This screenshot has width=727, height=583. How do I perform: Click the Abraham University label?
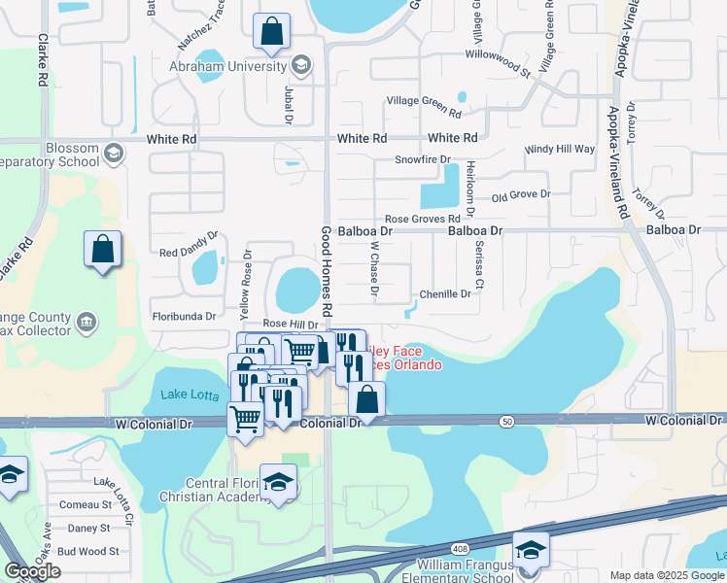pyautogui.click(x=228, y=66)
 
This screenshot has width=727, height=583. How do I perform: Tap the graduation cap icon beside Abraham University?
pyautogui.click(x=301, y=66)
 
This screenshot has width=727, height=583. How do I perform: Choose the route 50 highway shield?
pyautogui.click(x=506, y=421)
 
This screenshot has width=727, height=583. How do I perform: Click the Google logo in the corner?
pyautogui.click(x=33, y=571)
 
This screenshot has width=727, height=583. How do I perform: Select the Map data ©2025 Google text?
pyautogui.click(x=668, y=576)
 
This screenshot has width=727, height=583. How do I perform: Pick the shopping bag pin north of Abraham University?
pyautogui.click(x=271, y=31)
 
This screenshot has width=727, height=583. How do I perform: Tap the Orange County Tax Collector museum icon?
pyautogui.click(x=86, y=322)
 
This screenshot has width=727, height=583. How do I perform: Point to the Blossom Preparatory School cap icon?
pyautogui.click(x=114, y=153)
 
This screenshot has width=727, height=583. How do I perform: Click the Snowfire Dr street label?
pyautogui.click(x=423, y=159)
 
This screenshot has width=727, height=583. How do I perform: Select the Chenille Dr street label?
pyautogui.click(x=445, y=293)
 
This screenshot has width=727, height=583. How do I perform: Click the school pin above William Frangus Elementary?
pyautogui.click(x=531, y=549)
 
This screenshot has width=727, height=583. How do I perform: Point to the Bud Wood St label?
pyautogui.click(x=87, y=551)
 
